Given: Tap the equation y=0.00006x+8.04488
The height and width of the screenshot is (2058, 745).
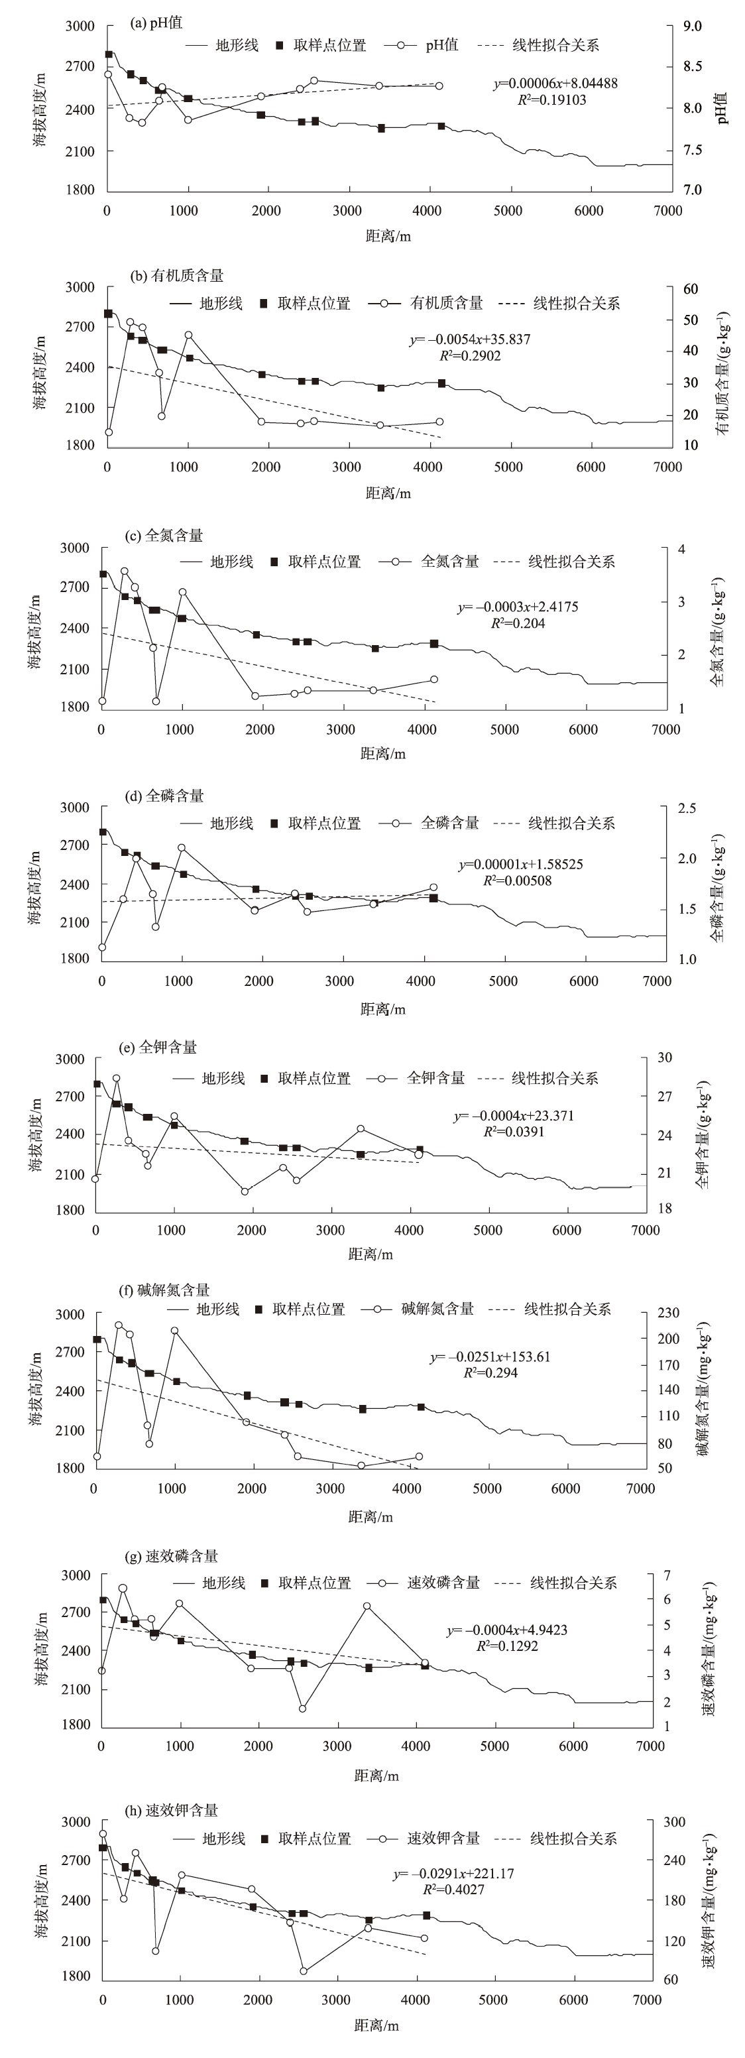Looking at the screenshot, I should click(555, 83).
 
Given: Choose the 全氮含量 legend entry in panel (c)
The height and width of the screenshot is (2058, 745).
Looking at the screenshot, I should click(449, 562).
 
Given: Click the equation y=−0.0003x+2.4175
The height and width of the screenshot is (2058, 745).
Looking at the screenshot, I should click(518, 607).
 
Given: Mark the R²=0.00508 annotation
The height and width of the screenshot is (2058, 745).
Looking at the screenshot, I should click(516, 880).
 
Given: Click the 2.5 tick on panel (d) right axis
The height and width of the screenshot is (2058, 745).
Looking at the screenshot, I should click(686, 808).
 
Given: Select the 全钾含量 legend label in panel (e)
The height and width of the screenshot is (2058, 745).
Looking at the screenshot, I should click(435, 1078).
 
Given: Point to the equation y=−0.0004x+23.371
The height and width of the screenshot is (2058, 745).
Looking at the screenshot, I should click(514, 1115).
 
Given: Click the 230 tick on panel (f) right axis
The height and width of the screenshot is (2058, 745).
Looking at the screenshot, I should click(668, 1313).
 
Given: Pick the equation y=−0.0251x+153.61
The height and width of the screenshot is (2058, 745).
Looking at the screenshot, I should click(490, 1357).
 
